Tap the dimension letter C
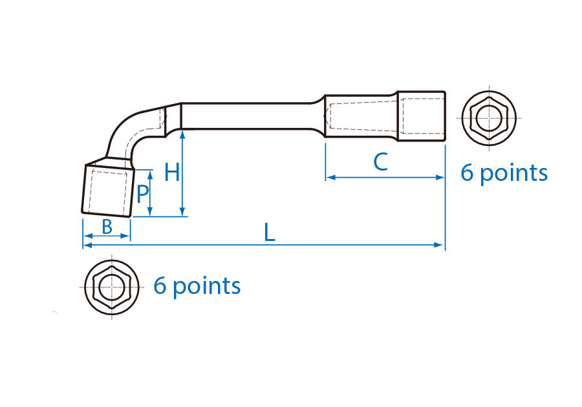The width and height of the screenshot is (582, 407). click(x=381, y=162)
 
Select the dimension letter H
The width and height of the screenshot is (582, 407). click(x=171, y=172)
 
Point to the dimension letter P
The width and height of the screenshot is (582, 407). click(x=143, y=192)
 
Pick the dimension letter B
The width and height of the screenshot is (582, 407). click(x=107, y=227)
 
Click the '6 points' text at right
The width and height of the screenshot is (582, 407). click(x=504, y=173)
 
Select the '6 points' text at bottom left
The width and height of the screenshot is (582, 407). click(x=197, y=286)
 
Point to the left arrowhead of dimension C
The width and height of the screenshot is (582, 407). click(x=329, y=177)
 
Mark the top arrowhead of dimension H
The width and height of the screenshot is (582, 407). click(x=183, y=134)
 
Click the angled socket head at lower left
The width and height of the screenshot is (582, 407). click(x=108, y=190)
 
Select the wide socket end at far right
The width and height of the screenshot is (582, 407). click(x=421, y=116)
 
